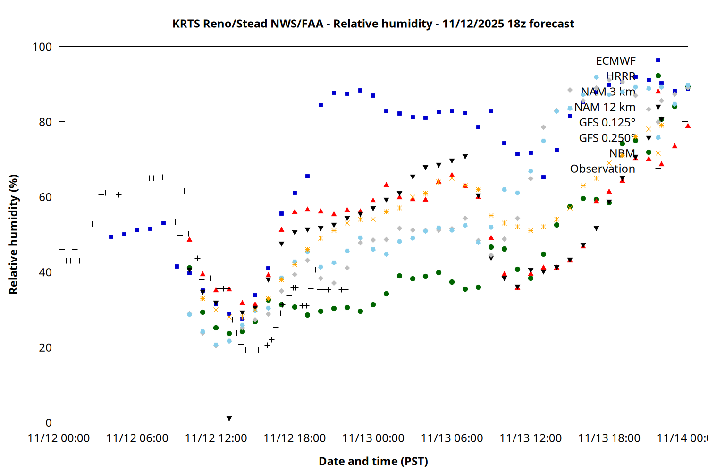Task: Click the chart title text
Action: pyautogui.click(x=373, y=24)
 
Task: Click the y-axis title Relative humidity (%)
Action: pyautogui.click(x=13, y=234)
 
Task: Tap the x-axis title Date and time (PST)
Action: pyautogui.click(x=373, y=461)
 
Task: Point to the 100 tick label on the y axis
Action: pyautogui.click(x=42, y=47)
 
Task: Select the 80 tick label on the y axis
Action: pyautogui.click(x=45, y=122)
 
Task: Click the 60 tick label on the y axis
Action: pyautogui.click(x=45, y=197)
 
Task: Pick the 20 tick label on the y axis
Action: pyautogui.click(x=45, y=347)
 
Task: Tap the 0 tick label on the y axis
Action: pyautogui.click(x=48, y=422)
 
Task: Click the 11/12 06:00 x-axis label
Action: pyautogui.click(x=137, y=438)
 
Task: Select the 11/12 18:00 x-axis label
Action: pyautogui.click(x=295, y=438)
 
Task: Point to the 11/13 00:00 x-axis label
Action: pyautogui.click(x=373, y=438)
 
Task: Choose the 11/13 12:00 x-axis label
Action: pyautogui.click(x=531, y=438)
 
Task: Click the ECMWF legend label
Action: pyautogui.click(x=615, y=61)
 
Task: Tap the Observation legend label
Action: pyautogui.click(x=602, y=169)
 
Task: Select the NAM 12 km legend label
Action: pyautogui.click(x=605, y=107)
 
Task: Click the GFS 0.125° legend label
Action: pyautogui.click(x=607, y=123)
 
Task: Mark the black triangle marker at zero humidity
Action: pyautogui.click(x=229, y=419)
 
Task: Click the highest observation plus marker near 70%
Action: pyautogui.click(x=158, y=160)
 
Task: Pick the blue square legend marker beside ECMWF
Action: pyautogui.click(x=658, y=60)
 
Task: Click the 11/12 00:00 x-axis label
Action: pyautogui.click(x=59, y=438)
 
